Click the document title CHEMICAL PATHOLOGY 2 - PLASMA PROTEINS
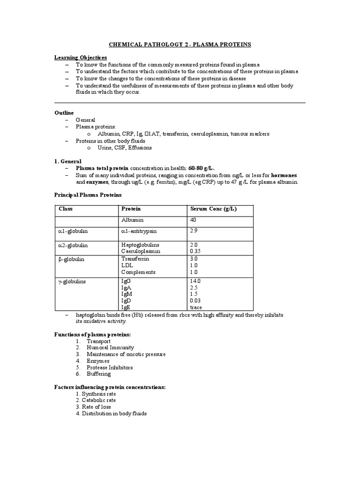pos(180,45)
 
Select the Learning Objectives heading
pos(81,57)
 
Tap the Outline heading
pos(64,113)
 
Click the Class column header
pos(66,209)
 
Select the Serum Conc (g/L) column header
pos(213,209)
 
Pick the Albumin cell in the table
pos(133,220)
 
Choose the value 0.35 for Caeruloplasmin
pos(195,251)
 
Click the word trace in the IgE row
pos(196,307)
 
